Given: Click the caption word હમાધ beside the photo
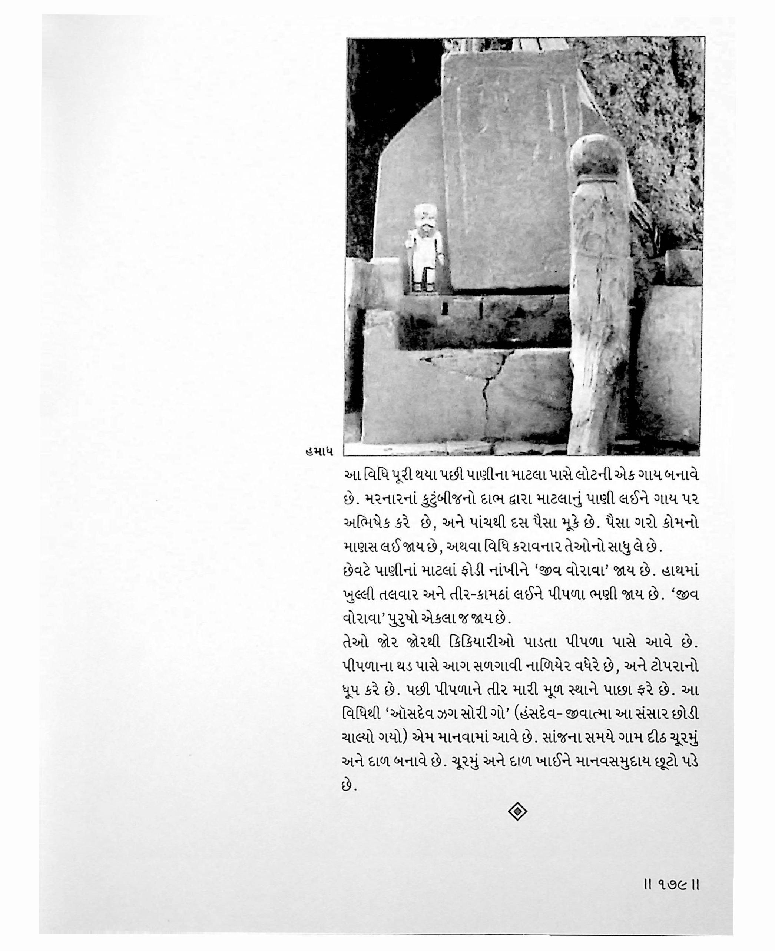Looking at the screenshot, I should (317, 451).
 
